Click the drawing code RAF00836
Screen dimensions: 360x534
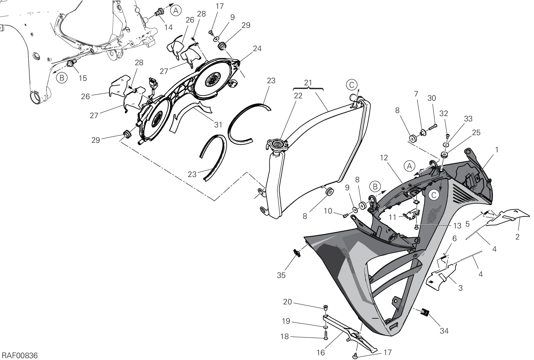click(x=20, y=355)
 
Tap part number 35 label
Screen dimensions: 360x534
click(x=281, y=275)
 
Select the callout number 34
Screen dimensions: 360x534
click(x=444, y=331)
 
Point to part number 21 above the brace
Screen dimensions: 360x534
click(x=308, y=83)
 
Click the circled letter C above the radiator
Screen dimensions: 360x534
click(x=351, y=85)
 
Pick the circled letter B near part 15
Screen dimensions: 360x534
click(x=62, y=78)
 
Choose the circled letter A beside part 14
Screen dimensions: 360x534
click(x=176, y=11)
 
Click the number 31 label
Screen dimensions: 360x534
click(x=218, y=125)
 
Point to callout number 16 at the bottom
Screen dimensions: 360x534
click(x=321, y=353)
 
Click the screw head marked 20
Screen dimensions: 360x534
click(x=326, y=307)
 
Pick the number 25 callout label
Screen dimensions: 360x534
click(x=476, y=132)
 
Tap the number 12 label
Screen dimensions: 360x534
click(x=384, y=158)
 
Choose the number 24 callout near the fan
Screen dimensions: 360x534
click(x=257, y=48)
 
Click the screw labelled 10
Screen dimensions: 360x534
click(x=345, y=216)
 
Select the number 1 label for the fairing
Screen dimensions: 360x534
click(x=497, y=150)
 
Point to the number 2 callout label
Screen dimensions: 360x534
click(x=517, y=237)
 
